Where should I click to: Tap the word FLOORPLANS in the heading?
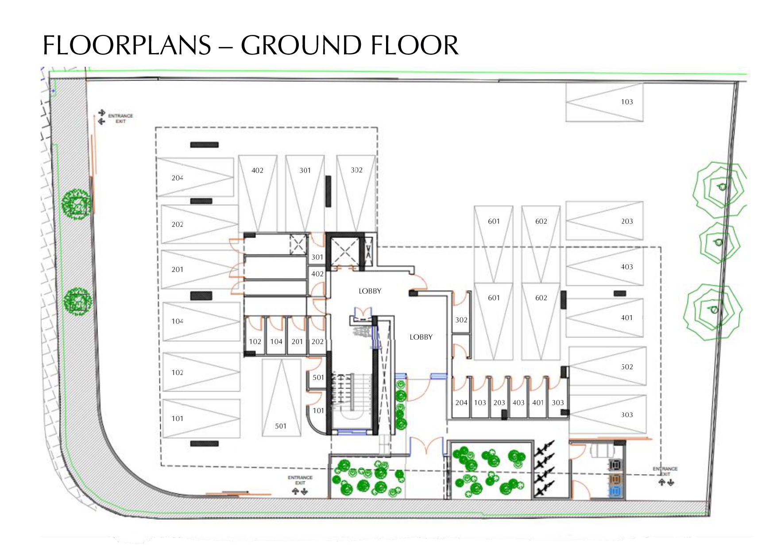click(127, 46)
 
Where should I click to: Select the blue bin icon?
click(615, 491)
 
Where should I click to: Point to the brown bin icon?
click(615, 478)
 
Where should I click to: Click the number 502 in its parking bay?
click(627, 367)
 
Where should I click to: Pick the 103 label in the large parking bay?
click(627, 102)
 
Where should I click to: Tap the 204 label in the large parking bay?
click(178, 178)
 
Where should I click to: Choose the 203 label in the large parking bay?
click(627, 221)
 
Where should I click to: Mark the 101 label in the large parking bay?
click(178, 418)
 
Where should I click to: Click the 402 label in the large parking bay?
click(257, 170)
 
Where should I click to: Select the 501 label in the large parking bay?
click(281, 426)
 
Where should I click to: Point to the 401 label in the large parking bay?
click(627, 318)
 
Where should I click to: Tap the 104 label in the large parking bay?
click(178, 321)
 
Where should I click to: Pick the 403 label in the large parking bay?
click(627, 267)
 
